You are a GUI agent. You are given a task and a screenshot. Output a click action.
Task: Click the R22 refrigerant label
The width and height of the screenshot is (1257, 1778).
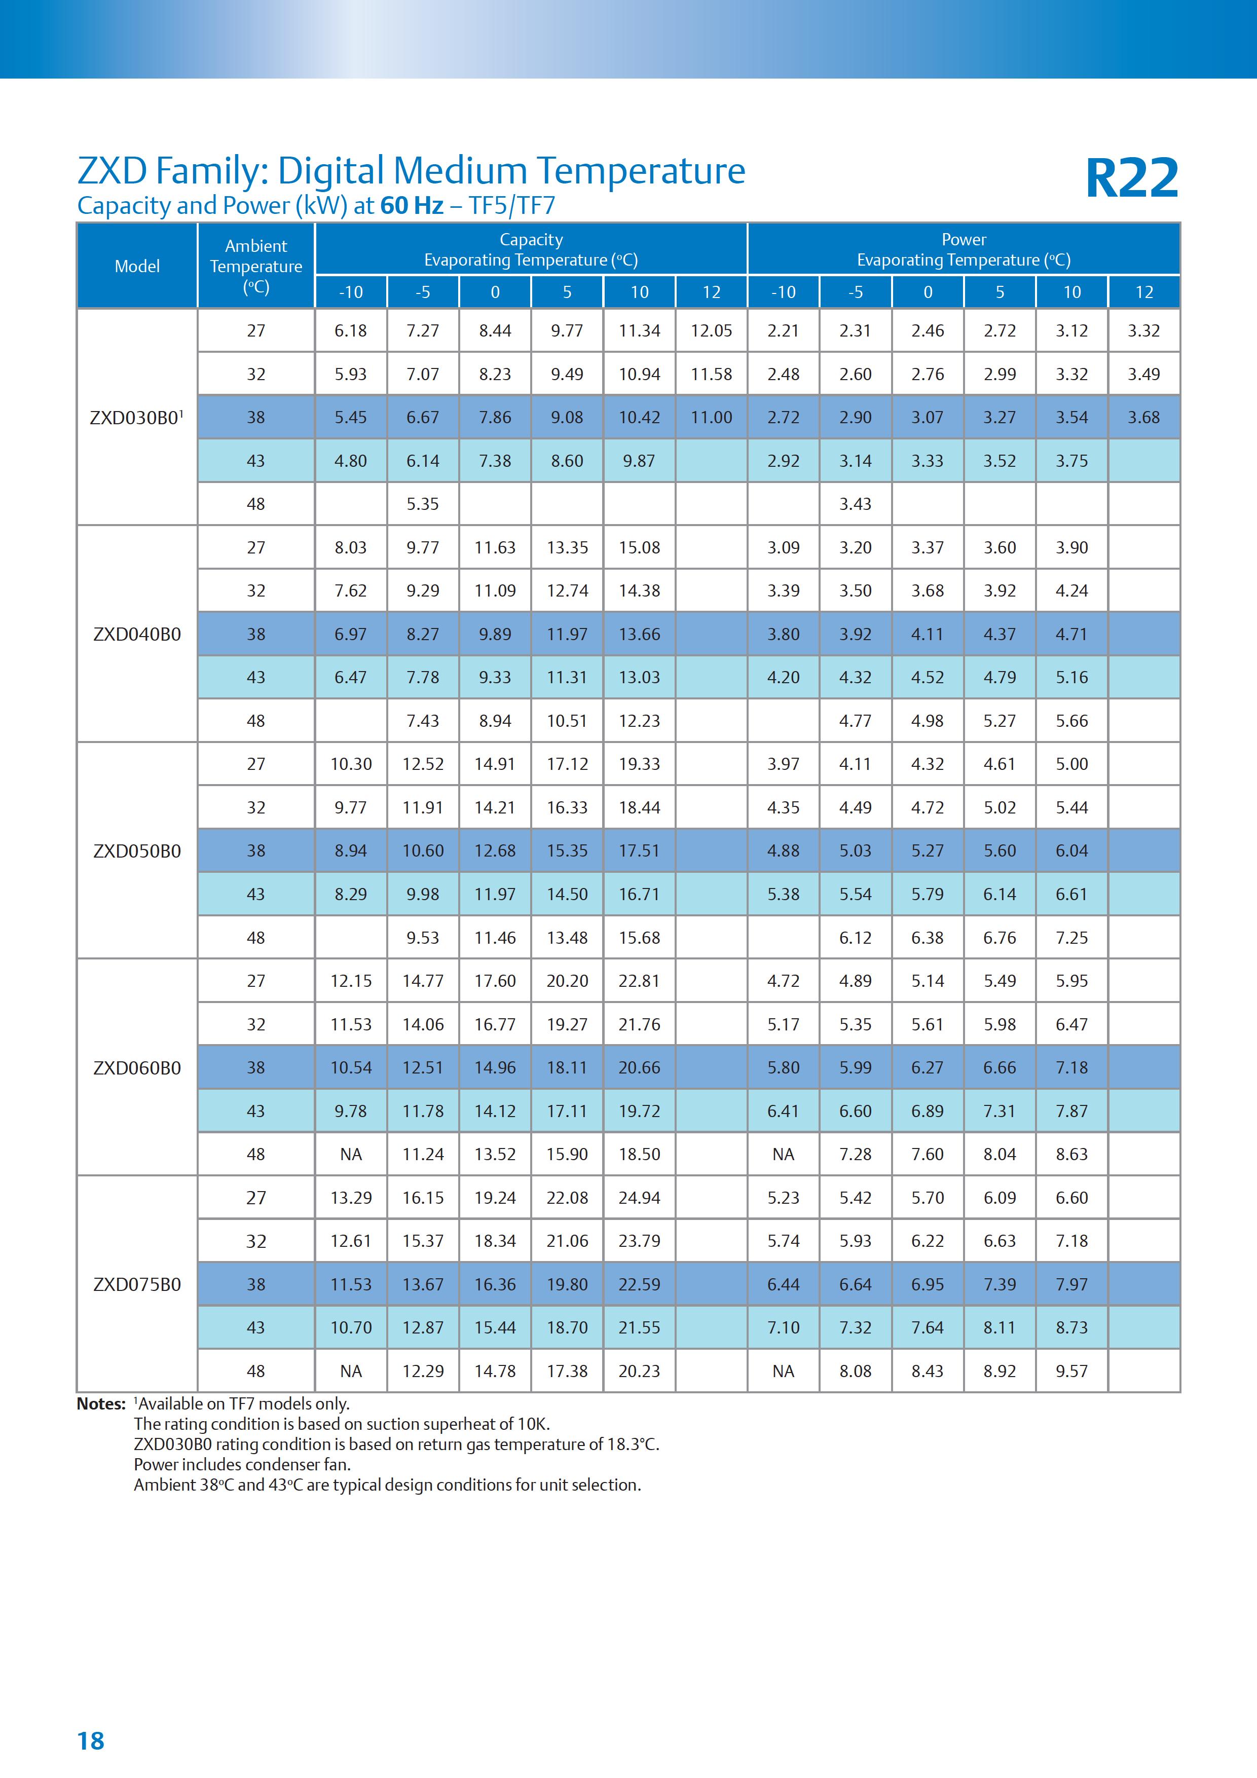pyautogui.click(x=1131, y=178)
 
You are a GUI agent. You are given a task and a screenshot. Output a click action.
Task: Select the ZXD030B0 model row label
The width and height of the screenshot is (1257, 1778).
pyautogui.click(x=136, y=418)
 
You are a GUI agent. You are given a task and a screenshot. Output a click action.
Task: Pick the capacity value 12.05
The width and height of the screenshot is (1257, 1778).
pyautogui.click(x=711, y=330)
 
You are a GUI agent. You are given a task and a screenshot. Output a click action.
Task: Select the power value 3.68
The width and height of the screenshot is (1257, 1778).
pyautogui.click(x=1143, y=418)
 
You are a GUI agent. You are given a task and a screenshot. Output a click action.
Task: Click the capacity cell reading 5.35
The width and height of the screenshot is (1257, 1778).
pyautogui.click(x=423, y=504)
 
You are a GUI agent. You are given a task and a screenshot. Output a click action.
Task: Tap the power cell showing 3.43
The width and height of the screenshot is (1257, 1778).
pyautogui.click(x=855, y=504)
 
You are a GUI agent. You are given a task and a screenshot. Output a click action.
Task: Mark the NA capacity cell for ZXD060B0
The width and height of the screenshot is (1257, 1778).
pyautogui.click(x=351, y=1154)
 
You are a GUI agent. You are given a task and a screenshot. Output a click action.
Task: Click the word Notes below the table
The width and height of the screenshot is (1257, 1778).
pyautogui.click(x=101, y=1404)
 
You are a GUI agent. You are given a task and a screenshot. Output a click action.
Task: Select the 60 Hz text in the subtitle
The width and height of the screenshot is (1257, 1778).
pyautogui.click(x=412, y=206)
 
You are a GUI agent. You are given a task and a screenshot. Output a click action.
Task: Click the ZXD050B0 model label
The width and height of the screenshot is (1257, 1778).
pyautogui.click(x=136, y=851)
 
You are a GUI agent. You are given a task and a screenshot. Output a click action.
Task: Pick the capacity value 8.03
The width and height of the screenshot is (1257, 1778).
pyautogui.click(x=351, y=547)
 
